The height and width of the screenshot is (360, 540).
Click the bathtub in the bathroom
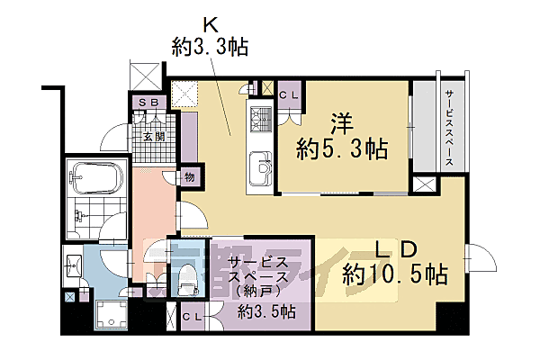click(x=96, y=178)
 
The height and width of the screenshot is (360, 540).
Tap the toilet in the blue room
click(x=188, y=279)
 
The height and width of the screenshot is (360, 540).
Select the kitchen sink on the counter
click(x=260, y=168)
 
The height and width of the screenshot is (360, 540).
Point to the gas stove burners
click(x=261, y=119)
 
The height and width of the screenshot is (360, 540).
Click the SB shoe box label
click(x=149, y=102)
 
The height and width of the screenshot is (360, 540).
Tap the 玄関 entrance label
click(x=154, y=137)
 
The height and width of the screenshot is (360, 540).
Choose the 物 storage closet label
click(x=189, y=177)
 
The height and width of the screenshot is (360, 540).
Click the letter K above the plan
click(x=211, y=25)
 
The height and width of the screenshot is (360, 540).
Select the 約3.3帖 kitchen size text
click(x=210, y=47)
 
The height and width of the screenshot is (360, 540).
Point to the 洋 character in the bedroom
click(x=342, y=124)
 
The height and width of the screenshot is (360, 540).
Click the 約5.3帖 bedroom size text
click(x=342, y=148)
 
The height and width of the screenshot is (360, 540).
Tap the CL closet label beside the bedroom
click(x=289, y=95)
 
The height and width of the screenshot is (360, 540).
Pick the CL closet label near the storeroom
click(x=193, y=317)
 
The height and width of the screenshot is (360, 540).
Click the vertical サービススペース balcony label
click(x=449, y=128)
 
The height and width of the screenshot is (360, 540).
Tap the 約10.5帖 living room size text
click(x=395, y=274)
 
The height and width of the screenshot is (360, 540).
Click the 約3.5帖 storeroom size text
click(x=266, y=312)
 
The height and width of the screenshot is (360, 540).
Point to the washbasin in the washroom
click(x=73, y=266)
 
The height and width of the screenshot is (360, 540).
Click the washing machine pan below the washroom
click(x=112, y=314)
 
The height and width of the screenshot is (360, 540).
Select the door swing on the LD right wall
click(x=481, y=257)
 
